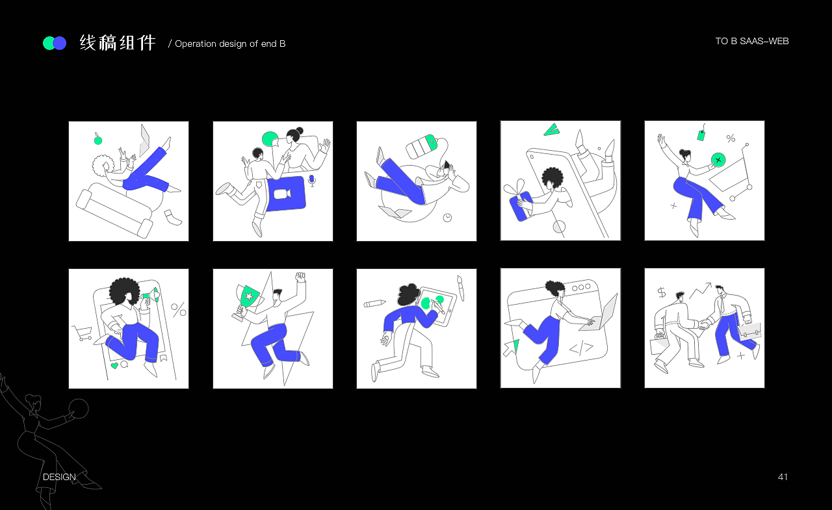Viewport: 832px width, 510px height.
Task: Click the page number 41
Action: [783, 477]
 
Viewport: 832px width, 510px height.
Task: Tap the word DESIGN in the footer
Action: [59, 477]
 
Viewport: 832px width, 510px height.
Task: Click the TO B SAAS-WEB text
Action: [752, 41]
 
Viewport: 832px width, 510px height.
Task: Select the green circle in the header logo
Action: [49, 43]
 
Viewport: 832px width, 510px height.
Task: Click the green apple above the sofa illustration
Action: [98, 140]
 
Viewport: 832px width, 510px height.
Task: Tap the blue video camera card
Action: [286, 194]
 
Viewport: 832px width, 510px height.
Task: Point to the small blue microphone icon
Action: [312, 181]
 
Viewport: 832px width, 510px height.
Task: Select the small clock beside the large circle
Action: [448, 218]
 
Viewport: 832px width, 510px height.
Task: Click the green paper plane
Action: [552, 129]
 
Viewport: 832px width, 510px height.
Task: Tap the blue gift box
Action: [521, 206]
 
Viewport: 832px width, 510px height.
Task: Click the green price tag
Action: [701, 134]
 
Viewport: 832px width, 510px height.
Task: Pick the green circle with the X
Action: [718, 160]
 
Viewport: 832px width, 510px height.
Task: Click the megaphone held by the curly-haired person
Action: [150, 296]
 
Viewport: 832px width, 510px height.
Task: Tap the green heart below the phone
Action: [114, 366]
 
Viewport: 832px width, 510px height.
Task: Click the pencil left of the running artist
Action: [374, 303]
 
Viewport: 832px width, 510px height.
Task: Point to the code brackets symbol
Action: [581, 348]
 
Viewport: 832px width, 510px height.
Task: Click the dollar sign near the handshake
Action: [662, 292]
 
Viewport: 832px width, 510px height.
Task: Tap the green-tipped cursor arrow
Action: [511, 348]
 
